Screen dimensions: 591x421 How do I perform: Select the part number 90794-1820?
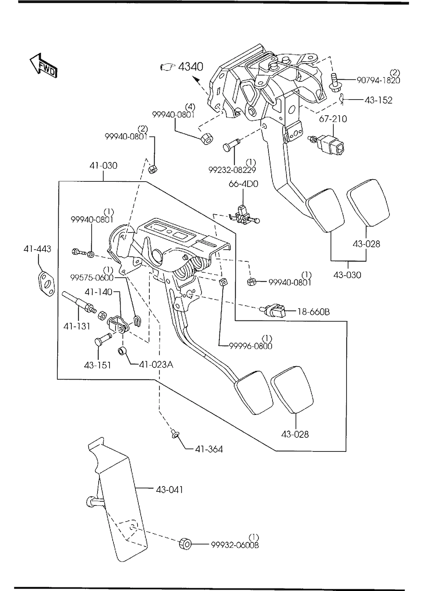378,80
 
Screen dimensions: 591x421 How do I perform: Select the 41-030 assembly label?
102,166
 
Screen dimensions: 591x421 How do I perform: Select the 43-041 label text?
169,489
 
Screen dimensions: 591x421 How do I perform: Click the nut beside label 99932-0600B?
185,544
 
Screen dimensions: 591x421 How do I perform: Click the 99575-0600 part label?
93,278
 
